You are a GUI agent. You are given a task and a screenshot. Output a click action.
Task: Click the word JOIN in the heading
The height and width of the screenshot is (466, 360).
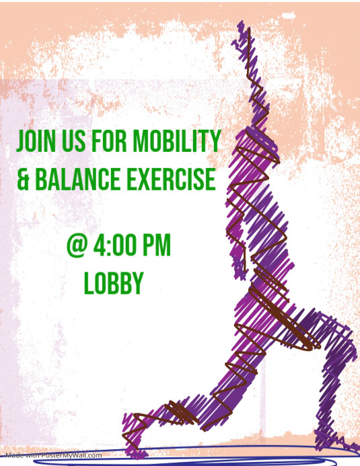coord(36,141)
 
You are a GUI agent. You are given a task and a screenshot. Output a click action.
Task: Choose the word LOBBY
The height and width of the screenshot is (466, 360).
coord(113,283)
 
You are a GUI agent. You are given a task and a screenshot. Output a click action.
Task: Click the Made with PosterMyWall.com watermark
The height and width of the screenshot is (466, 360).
coord(52,455)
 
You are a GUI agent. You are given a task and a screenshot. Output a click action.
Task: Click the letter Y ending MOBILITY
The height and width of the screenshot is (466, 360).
coord(215,141)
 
